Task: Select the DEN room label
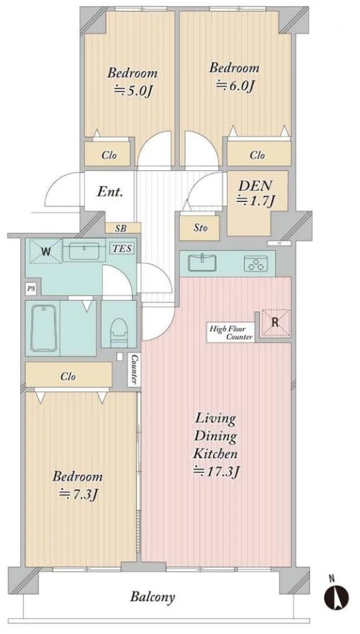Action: (x=255, y=185)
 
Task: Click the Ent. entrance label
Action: (x=110, y=191)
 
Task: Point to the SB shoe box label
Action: (x=120, y=228)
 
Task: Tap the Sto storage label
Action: (x=201, y=228)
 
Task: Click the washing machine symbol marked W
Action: (x=46, y=252)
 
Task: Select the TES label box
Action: (x=122, y=248)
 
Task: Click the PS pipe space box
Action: (x=30, y=289)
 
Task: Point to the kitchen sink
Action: (x=203, y=263)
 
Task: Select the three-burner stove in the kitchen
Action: (x=256, y=263)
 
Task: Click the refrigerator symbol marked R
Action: (x=275, y=323)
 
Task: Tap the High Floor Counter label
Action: (x=231, y=332)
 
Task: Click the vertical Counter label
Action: (x=134, y=369)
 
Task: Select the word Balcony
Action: (x=153, y=597)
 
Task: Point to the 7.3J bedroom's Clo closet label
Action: (x=68, y=377)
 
